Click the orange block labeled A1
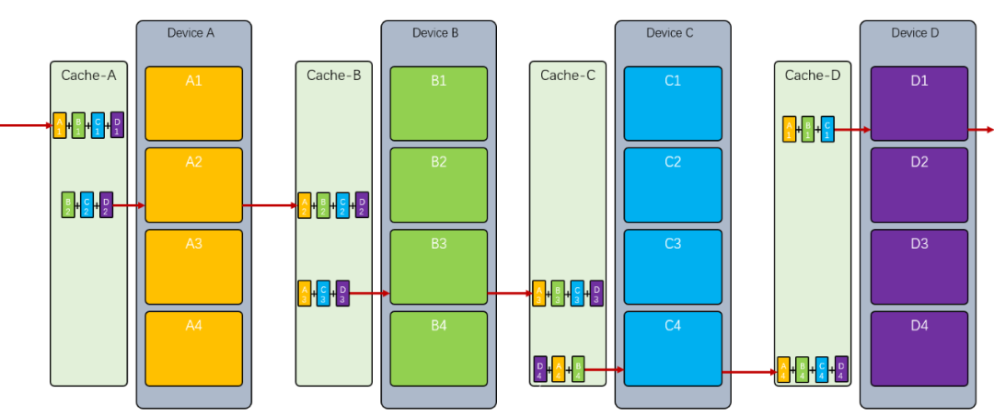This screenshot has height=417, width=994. [193, 103]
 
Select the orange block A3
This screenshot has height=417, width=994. [193, 266]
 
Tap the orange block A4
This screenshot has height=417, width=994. [193, 348]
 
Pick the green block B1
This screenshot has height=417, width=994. [438, 103]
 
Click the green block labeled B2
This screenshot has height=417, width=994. [438, 184]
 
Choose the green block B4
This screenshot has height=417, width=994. [438, 348]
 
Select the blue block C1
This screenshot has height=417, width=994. [672, 103]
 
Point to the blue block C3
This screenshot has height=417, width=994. [672, 266]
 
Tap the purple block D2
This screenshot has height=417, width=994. [919, 184]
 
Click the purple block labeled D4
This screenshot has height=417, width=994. [919, 348]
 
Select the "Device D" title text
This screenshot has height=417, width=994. [915, 33]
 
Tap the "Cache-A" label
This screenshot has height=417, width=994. [88, 75]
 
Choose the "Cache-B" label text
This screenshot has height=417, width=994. [334, 75]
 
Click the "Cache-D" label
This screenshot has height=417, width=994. [813, 75]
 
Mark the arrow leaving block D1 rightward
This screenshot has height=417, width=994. [981, 130]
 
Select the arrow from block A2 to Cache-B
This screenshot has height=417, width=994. [269, 205]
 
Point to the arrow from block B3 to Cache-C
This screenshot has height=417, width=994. [508, 294]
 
